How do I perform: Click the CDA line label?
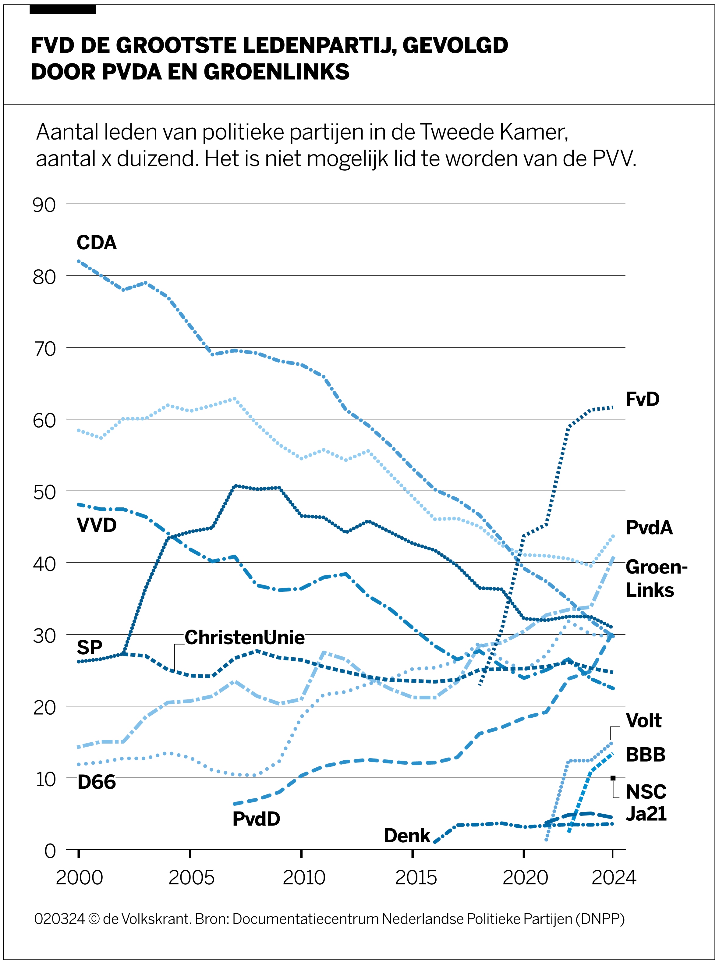[96, 243]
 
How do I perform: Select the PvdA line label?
[649, 527]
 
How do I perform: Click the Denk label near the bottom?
[406, 835]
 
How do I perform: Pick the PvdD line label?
[256, 819]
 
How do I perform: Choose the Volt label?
[643, 720]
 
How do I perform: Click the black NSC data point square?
[613, 778]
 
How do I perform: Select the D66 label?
[96, 782]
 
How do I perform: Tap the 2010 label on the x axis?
[304, 878]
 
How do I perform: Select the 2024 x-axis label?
[614, 878]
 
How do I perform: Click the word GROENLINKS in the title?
[276, 72]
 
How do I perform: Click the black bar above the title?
[63, 9]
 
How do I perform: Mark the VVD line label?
[96, 525]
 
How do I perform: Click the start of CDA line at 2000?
[79, 261]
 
